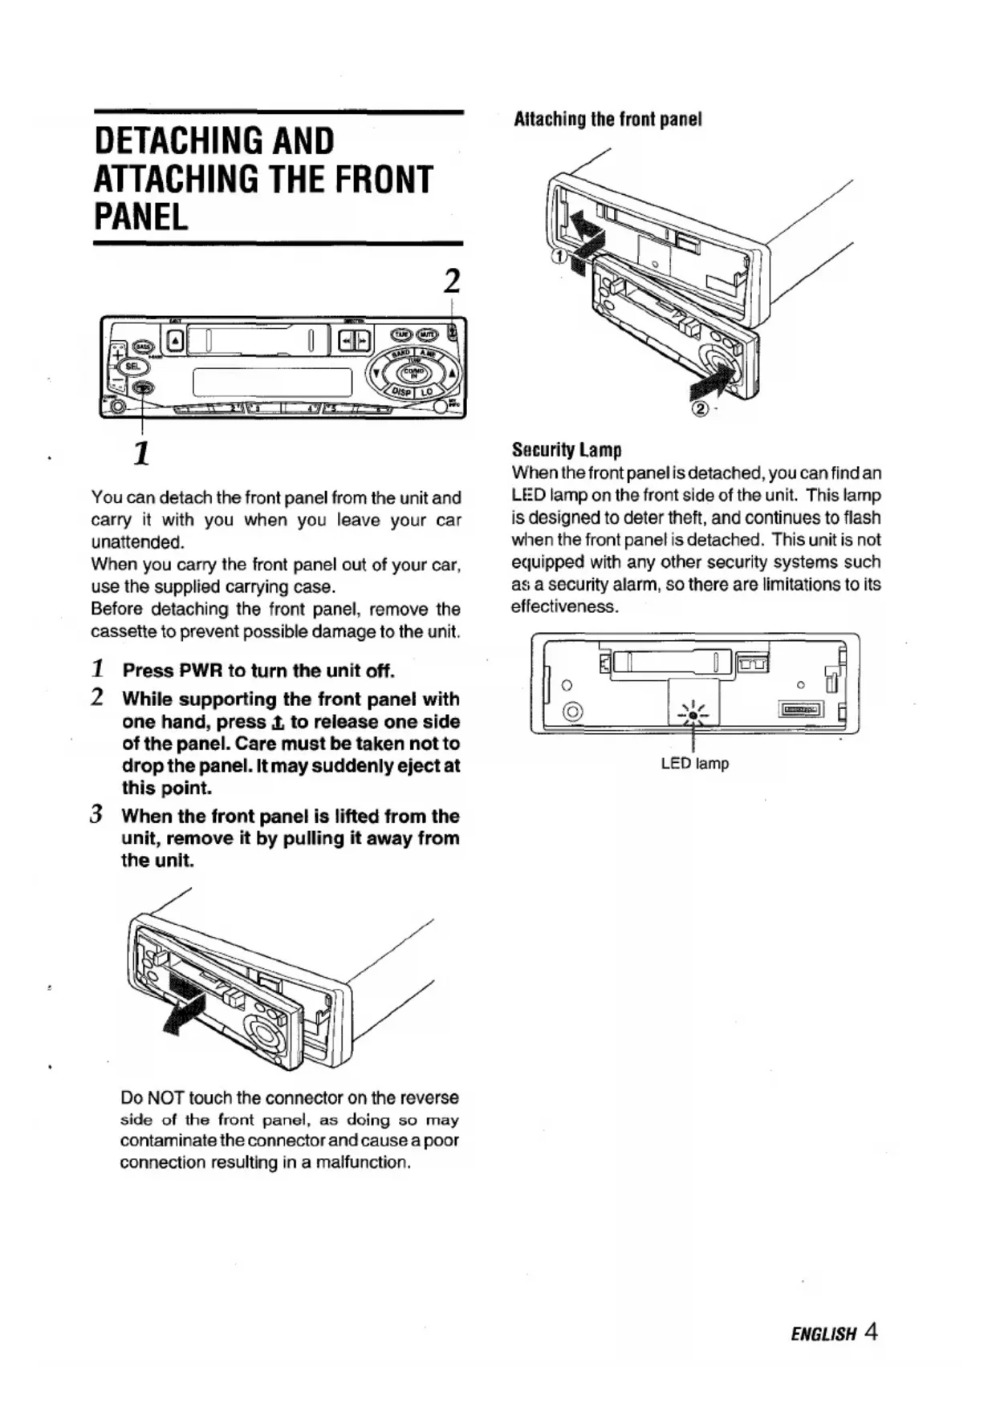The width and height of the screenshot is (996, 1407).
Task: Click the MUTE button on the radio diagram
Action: (429, 334)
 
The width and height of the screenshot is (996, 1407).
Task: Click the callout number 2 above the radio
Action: (452, 282)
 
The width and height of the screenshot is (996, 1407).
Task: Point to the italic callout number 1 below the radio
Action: (141, 453)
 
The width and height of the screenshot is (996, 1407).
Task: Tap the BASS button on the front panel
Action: (143, 347)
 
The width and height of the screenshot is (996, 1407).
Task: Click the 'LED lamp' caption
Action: (694, 764)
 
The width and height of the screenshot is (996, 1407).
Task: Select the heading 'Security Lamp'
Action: (567, 449)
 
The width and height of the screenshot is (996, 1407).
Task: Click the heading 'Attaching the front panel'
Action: (608, 120)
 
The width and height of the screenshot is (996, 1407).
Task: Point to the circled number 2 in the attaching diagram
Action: (700, 410)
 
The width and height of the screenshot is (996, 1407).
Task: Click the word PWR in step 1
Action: (201, 671)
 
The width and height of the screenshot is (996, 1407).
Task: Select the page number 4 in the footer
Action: (872, 1332)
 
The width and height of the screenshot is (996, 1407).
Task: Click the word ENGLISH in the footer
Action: (823, 1335)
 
